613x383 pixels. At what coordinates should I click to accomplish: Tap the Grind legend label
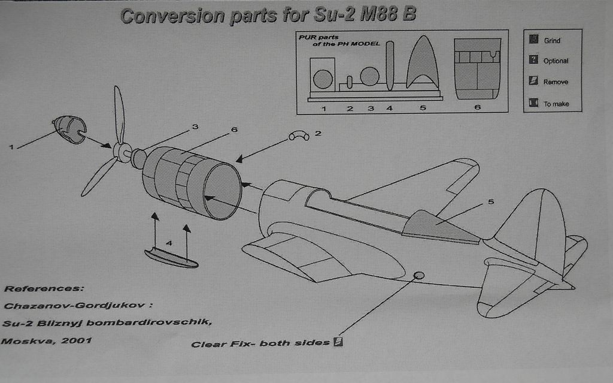[552, 41]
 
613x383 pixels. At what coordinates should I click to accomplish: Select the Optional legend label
[556, 61]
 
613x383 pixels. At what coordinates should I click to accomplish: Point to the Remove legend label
[556, 82]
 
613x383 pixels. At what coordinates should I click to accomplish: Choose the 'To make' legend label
[556, 104]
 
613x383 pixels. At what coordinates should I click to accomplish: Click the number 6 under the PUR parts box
[477, 108]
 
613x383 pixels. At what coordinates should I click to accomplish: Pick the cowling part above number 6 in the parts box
[477, 68]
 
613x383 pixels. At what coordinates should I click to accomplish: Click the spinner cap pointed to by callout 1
[71, 129]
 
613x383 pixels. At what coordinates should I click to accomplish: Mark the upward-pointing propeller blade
[119, 114]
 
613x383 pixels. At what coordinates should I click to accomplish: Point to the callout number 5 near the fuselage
[491, 202]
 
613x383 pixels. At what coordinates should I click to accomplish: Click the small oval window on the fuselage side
[419, 275]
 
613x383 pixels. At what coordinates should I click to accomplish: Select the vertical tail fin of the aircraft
[536, 222]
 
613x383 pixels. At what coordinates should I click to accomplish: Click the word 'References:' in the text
[41, 288]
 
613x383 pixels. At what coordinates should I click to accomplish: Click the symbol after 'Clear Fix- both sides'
[338, 342]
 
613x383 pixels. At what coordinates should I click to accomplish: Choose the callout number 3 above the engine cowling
[195, 127]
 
